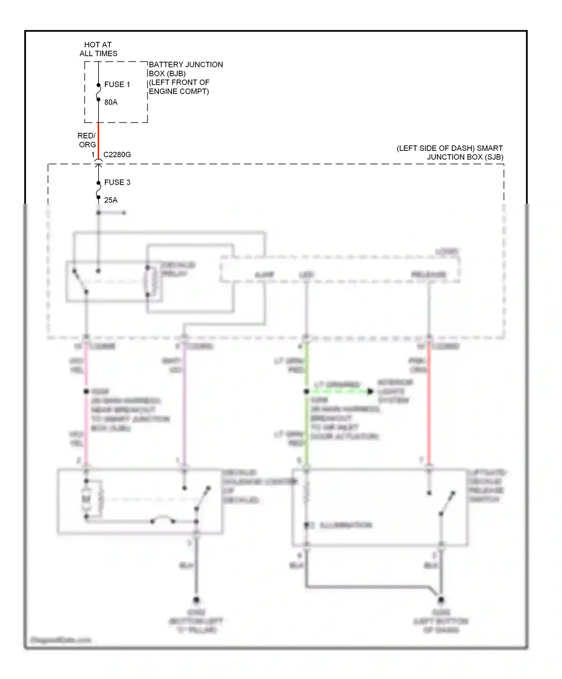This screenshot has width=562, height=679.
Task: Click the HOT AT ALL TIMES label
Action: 98,49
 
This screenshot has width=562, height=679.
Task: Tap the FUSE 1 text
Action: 117,85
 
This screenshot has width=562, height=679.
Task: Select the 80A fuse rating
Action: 111,102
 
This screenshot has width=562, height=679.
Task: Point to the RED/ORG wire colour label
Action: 87,140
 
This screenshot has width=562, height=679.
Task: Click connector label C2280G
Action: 117,155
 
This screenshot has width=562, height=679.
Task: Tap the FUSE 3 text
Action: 117,182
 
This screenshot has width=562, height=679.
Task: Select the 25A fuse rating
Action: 111,200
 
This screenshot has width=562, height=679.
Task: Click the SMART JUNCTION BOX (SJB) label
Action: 450,153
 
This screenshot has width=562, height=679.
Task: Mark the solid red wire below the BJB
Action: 99,140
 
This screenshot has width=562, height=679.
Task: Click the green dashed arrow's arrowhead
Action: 370,392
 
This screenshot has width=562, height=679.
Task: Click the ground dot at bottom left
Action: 196,600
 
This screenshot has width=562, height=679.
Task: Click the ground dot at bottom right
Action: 441,600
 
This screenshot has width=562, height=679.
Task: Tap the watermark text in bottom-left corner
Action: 60,640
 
